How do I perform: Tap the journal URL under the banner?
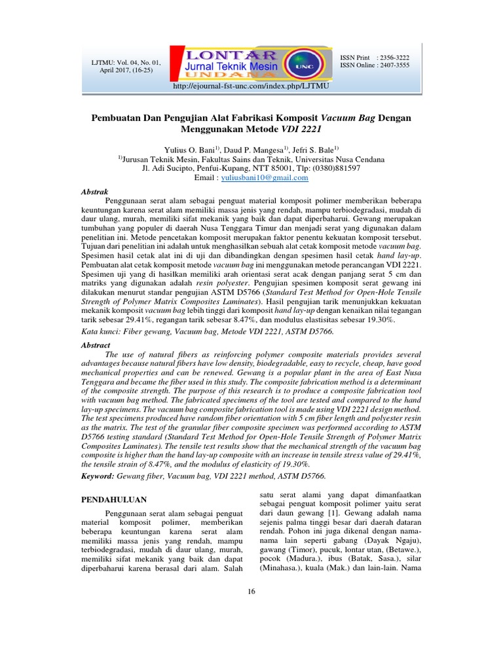coord(251,86)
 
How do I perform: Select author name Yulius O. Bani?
coord(191,150)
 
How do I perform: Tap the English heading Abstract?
coord(95,345)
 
